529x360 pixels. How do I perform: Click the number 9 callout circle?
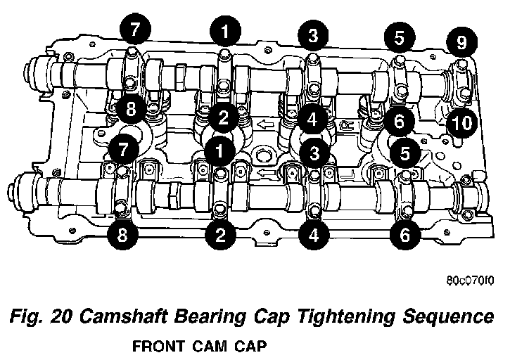[461, 43]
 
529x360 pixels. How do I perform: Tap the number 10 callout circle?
[461, 124]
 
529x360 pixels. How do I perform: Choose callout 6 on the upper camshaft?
[399, 121]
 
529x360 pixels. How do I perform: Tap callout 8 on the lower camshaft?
[122, 236]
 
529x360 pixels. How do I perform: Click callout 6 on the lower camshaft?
[404, 235]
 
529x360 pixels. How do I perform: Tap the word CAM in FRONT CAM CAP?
[207, 347]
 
